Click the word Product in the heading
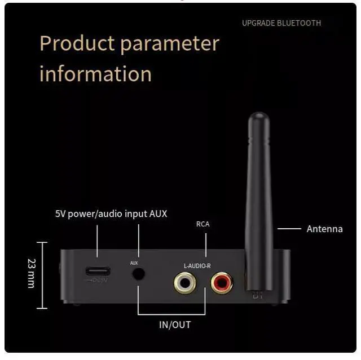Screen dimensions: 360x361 (77, 44)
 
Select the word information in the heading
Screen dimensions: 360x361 (95, 74)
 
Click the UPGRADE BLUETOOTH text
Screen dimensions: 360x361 (281, 23)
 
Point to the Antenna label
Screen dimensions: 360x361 (324, 229)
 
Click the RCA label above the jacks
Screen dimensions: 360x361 (202, 224)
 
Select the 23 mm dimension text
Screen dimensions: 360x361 (32, 273)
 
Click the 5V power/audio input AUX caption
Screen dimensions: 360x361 (111, 214)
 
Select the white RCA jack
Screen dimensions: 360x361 (185, 281)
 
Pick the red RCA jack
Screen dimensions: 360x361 (221, 281)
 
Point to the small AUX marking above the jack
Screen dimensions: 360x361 (134, 263)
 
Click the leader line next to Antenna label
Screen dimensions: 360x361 (289, 229)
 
